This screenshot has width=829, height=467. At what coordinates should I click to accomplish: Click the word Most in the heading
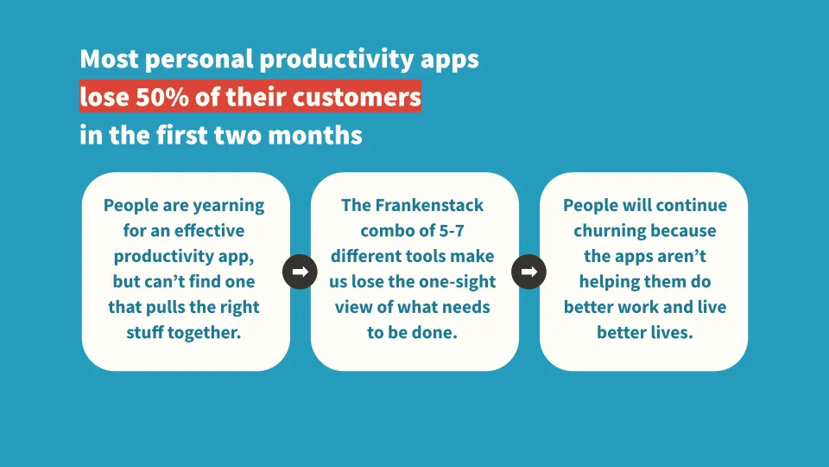click(x=109, y=58)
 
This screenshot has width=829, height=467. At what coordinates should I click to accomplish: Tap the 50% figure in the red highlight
click(x=162, y=97)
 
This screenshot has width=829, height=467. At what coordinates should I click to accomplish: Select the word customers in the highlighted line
click(x=357, y=97)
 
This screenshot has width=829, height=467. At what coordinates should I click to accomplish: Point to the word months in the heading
click(x=315, y=135)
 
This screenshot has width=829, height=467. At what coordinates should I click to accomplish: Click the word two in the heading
click(x=238, y=136)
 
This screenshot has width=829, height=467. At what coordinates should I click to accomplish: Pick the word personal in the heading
click(x=199, y=60)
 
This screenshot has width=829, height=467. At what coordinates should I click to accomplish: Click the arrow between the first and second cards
click(x=300, y=272)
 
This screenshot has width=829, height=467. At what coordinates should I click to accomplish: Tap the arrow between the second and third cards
click(x=528, y=272)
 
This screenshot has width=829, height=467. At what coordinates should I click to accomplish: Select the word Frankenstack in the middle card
click(x=429, y=205)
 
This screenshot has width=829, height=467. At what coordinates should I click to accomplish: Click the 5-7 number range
click(x=452, y=230)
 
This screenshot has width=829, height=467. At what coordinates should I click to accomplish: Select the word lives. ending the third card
click(x=670, y=332)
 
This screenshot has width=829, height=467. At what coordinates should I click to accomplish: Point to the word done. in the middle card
click(x=436, y=332)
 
